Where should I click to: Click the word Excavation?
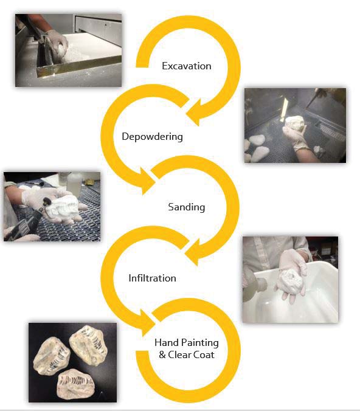pos(187,66)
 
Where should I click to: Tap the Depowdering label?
pos(153,137)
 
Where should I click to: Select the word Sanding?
pos(187,207)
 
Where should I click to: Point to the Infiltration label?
pos(152,278)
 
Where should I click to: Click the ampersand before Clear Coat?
pos(162,355)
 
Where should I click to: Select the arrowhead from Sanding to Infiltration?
pos(193,252)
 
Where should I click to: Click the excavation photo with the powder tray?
pos(69,50)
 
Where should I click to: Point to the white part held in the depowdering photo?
pos(295,123)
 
